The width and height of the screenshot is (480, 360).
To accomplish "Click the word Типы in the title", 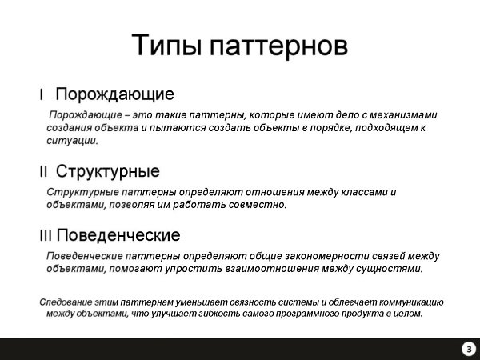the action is [x=167, y=46].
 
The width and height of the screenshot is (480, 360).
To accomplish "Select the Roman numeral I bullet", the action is [x=41, y=94].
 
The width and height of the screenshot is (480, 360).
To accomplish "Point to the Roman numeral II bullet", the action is [x=43, y=171].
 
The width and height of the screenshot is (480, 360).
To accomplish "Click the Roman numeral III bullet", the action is [x=46, y=236].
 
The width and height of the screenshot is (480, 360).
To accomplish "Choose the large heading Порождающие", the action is [x=114, y=94].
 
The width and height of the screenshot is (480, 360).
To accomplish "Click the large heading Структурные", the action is [x=108, y=171].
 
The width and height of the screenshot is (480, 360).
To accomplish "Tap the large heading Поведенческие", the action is [x=118, y=235].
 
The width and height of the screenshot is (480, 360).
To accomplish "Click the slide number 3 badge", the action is [x=469, y=349].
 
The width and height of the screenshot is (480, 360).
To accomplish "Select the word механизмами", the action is [x=403, y=115].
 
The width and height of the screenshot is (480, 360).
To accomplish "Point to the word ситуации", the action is [x=72, y=141].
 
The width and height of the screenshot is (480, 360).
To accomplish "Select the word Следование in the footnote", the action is [x=66, y=302].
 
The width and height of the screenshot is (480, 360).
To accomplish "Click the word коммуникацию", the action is [x=411, y=302].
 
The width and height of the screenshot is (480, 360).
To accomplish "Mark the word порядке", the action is [x=331, y=128].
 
